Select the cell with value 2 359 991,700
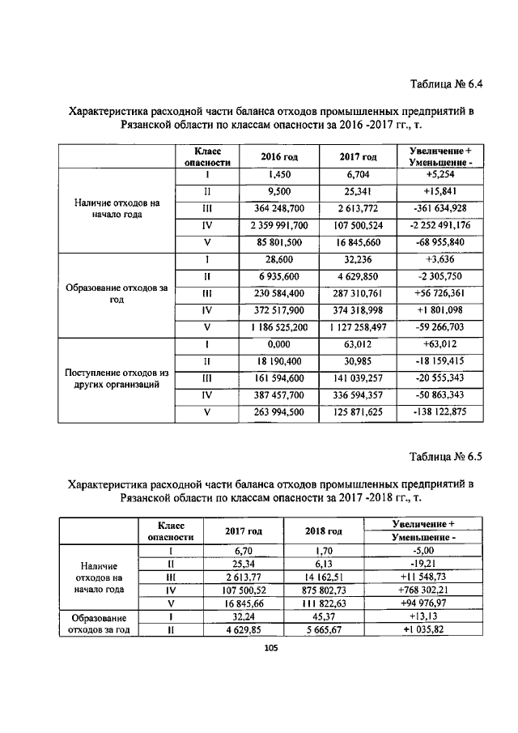point(280,226)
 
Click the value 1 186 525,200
point(280,327)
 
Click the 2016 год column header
point(280,156)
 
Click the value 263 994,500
point(280,411)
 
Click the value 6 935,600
point(280,276)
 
